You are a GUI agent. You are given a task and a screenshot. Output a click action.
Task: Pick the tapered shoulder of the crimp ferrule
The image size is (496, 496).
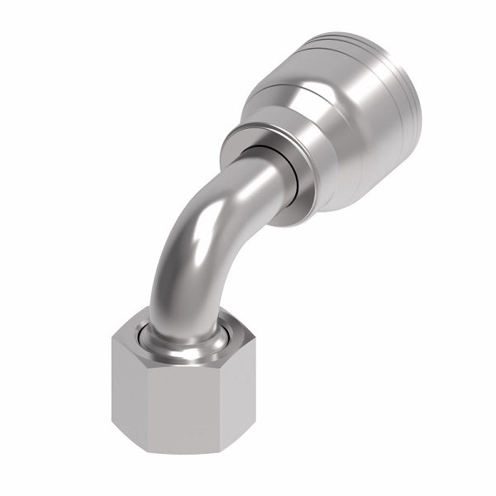coord(289,91)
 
